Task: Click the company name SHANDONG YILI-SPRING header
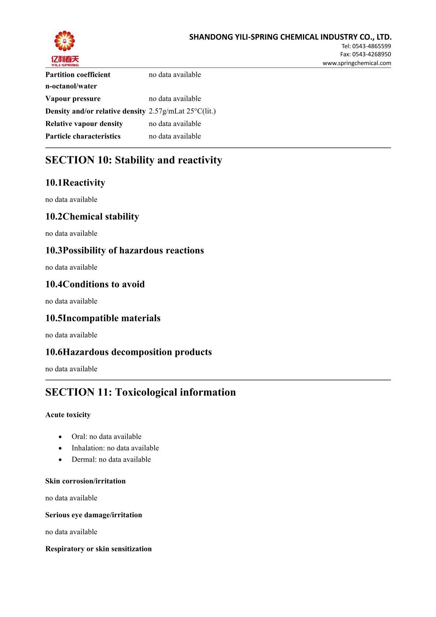[290, 37]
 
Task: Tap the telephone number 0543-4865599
[371, 46]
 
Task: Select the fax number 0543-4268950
[371, 54]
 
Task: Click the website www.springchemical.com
[356, 63]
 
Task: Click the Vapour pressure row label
[73, 99]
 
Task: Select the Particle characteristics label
[83, 136]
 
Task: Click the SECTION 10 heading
[134, 160]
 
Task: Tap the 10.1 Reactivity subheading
[75, 183]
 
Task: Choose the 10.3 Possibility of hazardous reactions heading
[125, 250]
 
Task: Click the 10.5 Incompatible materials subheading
[103, 318]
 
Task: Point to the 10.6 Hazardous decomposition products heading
[129, 352]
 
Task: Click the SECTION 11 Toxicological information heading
[140, 392]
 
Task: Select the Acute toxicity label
[68, 415]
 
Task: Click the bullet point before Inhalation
[60, 448]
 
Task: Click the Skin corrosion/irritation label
[85, 481]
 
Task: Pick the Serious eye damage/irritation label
[93, 515]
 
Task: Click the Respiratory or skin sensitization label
[99, 549]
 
